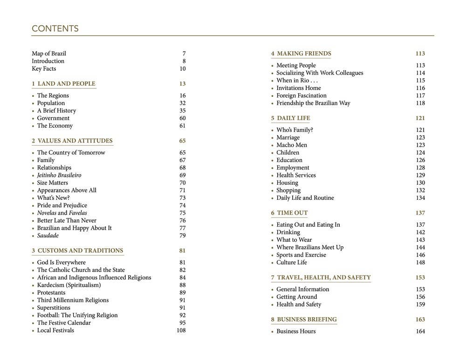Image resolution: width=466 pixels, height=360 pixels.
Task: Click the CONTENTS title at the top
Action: pyautogui.click(x=55, y=29)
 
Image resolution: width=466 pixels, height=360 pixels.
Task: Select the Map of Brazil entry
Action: pyautogui.click(x=49, y=54)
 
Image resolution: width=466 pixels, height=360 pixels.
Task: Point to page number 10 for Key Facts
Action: pyautogui.click(x=182, y=69)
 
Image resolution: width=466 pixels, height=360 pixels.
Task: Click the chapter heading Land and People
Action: pyautogui.click(x=63, y=84)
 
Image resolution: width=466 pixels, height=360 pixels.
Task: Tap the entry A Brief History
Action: pyautogui.click(x=56, y=111)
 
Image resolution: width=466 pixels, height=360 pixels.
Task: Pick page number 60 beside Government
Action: pyautogui.click(x=182, y=118)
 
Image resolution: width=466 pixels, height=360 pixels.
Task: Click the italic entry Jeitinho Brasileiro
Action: pyautogui.click(x=59, y=176)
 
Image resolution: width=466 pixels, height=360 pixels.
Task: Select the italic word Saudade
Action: pyautogui.click(x=48, y=236)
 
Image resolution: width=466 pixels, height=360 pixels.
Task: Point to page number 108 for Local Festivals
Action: pyautogui.click(x=181, y=331)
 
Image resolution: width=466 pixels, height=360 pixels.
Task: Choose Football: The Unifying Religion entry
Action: pyautogui.click(x=77, y=315)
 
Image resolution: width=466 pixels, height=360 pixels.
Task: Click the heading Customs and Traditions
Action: pyautogui.click(x=77, y=251)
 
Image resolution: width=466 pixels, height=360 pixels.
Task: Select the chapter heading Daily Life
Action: pyautogui.click(x=290, y=118)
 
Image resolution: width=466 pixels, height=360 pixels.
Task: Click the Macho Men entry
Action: pyautogui.click(x=292, y=145)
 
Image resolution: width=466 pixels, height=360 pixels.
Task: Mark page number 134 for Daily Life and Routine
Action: pyautogui.click(x=420, y=198)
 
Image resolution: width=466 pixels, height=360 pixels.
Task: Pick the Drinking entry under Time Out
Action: pyautogui.click(x=288, y=232)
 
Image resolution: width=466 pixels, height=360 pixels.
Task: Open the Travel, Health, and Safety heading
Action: pyautogui.click(x=321, y=278)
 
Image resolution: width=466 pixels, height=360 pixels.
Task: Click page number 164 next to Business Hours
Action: pyautogui.click(x=420, y=332)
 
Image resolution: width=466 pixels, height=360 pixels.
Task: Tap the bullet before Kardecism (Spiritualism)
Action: pyautogui.click(x=33, y=285)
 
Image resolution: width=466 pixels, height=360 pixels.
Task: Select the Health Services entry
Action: pyautogui.click(x=296, y=176)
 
